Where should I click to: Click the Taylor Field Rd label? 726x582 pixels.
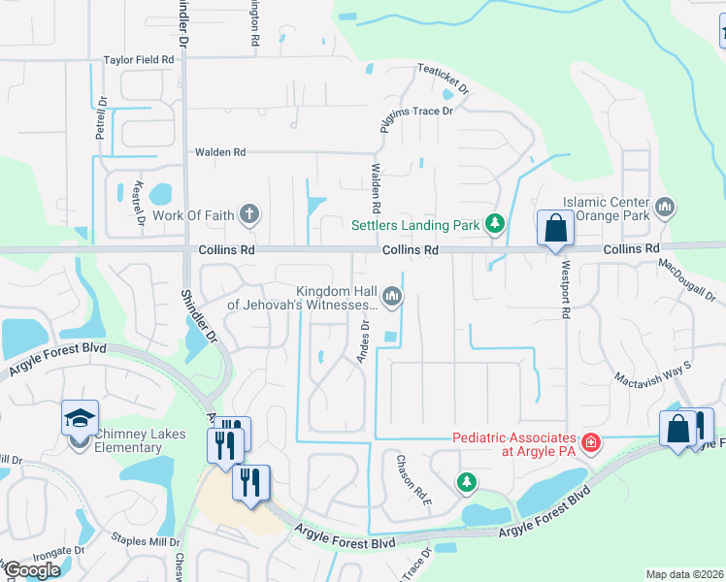click(139, 60)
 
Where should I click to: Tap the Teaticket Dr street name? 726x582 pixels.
click(444, 78)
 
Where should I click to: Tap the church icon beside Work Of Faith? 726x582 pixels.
click(249, 213)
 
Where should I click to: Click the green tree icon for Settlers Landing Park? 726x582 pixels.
click(495, 225)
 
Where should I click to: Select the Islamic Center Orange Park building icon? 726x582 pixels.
click(665, 206)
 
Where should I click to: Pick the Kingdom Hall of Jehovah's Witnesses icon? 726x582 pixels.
click(391, 296)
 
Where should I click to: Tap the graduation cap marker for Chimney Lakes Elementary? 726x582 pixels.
click(80, 418)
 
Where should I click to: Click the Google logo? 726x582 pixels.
click(32, 569)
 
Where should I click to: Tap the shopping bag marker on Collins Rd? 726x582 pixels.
click(554, 230)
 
